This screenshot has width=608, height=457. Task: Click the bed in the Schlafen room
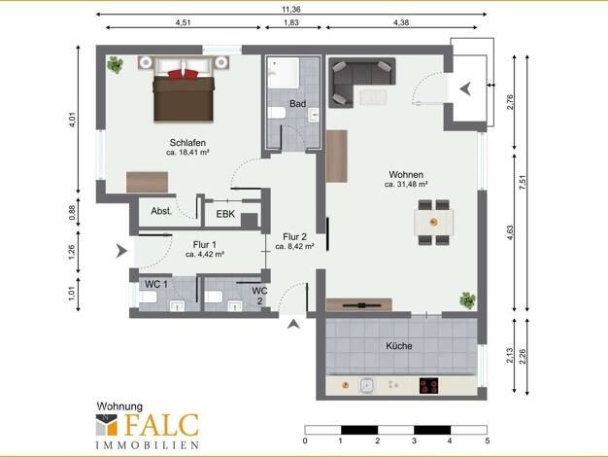[184, 90]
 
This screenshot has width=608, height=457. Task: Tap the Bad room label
[297, 104]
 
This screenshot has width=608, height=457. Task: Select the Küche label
[399, 345]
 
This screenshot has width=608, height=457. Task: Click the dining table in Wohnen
[434, 222]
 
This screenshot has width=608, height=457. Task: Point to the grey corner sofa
[361, 81]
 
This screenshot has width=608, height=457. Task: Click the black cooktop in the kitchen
[429, 386]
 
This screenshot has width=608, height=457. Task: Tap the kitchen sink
[367, 386]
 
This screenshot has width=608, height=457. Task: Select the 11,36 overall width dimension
[290, 10]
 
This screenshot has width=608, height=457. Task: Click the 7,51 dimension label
[523, 182]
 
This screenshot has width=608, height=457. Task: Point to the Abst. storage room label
[161, 211]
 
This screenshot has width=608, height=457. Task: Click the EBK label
[225, 214]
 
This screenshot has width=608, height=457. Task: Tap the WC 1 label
[156, 284]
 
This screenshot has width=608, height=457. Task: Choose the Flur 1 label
[205, 245]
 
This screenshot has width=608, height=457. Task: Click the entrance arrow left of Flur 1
[121, 251]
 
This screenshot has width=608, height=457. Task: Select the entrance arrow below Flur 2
[293, 324]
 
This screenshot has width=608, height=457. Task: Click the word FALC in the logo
[162, 425]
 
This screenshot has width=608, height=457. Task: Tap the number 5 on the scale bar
[487, 440]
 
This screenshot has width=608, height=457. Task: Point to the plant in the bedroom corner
[116, 65]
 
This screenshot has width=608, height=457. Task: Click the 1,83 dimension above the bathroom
[291, 22]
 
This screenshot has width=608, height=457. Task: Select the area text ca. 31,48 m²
[406, 185]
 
